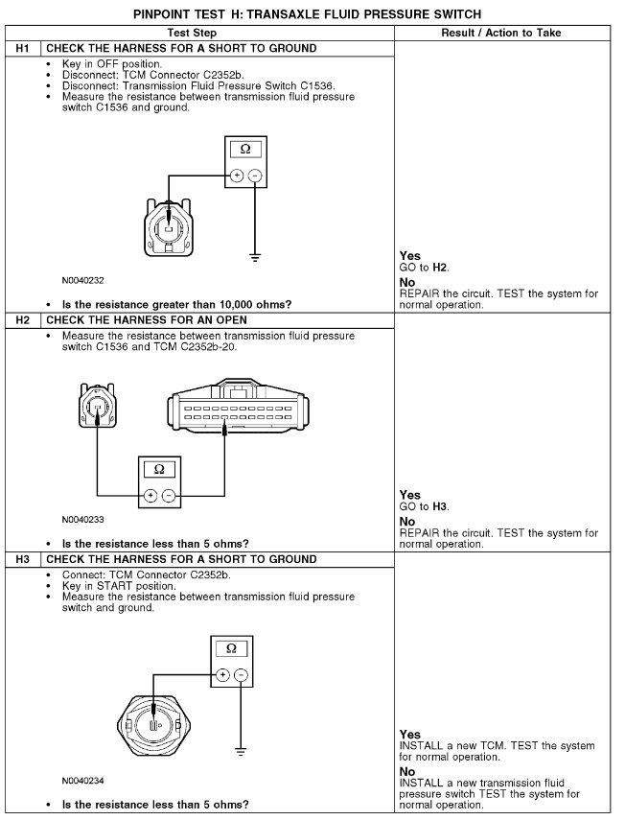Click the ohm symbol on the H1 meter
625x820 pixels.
tap(244, 150)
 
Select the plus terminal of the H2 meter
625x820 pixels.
tap(150, 496)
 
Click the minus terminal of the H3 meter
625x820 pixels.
tap(240, 675)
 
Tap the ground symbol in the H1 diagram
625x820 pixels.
tap(255, 257)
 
